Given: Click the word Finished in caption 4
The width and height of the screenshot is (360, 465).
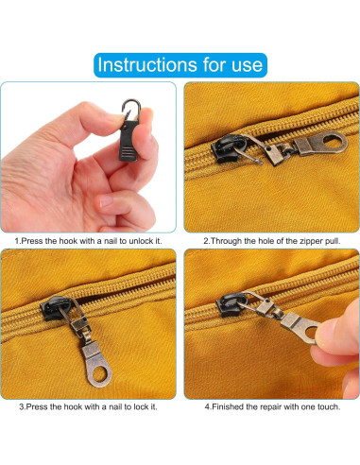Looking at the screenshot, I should (228, 406).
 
